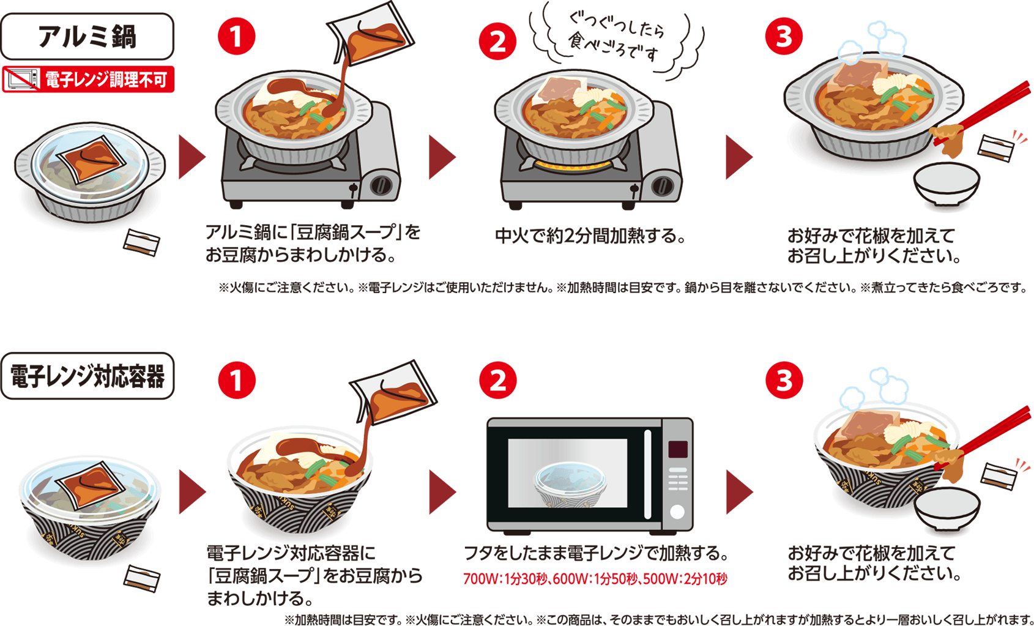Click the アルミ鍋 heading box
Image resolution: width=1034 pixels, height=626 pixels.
pos(87,36)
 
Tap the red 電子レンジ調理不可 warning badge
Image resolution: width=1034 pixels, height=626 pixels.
pos(88,80)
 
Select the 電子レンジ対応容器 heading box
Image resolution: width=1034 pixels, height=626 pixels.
pos(87,376)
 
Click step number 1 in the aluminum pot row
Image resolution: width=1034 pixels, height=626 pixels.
pos(237,37)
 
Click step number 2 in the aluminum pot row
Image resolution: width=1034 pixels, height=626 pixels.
pos(497,42)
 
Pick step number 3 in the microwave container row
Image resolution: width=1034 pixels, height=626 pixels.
pos(784,380)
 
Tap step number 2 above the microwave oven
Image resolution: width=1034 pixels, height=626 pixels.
pos(497,381)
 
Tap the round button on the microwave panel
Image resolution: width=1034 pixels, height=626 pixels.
pos(677,512)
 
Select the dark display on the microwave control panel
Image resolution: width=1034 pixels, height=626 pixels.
pos(677,449)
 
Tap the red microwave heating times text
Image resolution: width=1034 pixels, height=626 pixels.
pos(595,579)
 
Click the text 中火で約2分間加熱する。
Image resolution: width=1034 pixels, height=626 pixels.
pos(590,236)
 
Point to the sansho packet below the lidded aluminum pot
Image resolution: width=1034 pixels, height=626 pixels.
pos(142,242)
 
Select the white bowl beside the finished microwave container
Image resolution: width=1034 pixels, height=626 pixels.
pos(947,507)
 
